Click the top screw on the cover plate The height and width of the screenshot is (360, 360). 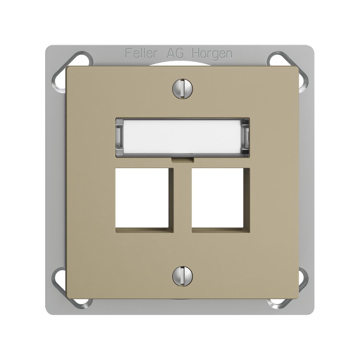tap(182, 88)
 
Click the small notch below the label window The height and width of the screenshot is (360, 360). tap(183, 159)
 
